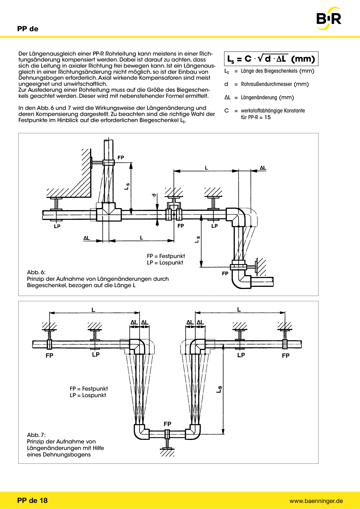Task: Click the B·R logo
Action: (x=329, y=19)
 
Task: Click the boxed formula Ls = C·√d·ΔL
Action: (x=271, y=59)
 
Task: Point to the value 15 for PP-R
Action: (x=267, y=117)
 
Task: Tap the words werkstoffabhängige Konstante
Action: (x=273, y=111)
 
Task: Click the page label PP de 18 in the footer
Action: (x=32, y=501)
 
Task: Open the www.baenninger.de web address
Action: (x=316, y=501)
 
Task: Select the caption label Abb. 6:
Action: (x=36, y=272)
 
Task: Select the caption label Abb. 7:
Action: (x=36, y=435)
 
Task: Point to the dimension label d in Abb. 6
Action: (x=154, y=195)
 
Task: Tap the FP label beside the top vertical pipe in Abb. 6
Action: (x=121, y=158)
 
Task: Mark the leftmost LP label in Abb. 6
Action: (x=57, y=226)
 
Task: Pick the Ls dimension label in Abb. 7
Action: (x=219, y=389)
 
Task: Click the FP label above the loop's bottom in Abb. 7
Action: (x=168, y=424)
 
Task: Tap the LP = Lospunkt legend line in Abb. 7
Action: (x=88, y=395)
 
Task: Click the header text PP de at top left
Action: (x=28, y=29)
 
